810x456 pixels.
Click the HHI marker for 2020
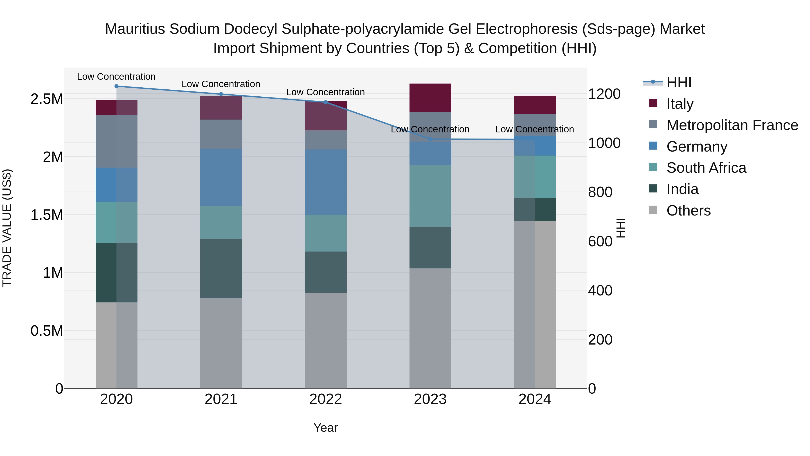(x=116, y=86)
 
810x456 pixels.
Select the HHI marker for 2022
(x=325, y=102)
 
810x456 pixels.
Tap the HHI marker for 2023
(x=430, y=139)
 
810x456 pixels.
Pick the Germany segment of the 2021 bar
(x=221, y=177)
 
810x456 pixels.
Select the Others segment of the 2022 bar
(x=325, y=340)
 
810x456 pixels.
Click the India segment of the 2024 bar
(x=535, y=209)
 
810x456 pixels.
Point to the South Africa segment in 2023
(x=430, y=196)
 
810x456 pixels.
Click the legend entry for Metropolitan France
(x=732, y=125)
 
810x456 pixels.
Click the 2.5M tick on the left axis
(x=47, y=99)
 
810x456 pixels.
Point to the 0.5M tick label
(x=47, y=331)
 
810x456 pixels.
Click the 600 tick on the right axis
(x=600, y=241)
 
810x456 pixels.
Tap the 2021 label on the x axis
(x=221, y=399)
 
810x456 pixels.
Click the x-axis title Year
(x=325, y=428)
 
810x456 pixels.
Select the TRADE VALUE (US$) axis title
(x=7, y=228)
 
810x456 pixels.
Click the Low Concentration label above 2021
(x=221, y=84)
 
